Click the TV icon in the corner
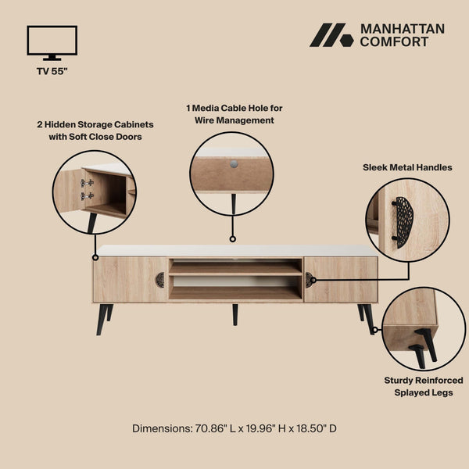(52, 41)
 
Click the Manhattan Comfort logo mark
(331, 35)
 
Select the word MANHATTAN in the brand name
(402, 29)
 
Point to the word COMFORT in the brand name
(394, 41)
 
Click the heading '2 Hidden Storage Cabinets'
(95, 124)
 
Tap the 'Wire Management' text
(234, 120)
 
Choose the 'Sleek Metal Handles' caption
(407, 167)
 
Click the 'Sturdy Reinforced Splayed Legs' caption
(424, 386)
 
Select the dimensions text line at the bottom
(234, 428)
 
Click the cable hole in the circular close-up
(233, 164)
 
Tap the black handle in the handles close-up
(403, 222)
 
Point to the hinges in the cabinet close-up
(87, 188)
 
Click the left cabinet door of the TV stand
(125, 279)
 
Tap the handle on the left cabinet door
(160, 279)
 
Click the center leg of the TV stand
(234, 314)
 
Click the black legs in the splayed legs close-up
(423, 346)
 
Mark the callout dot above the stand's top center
(232, 239)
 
